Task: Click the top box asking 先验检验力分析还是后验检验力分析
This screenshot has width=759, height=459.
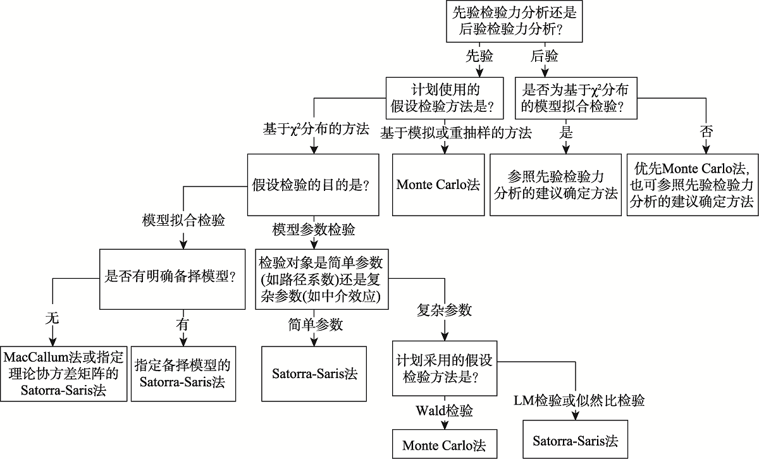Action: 514,22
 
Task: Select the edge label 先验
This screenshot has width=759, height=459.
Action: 479,56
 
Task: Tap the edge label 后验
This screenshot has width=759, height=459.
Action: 545,56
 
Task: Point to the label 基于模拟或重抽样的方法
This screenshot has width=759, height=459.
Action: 455,132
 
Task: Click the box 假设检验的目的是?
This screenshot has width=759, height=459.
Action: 312,185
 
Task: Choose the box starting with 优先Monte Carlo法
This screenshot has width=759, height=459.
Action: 693,185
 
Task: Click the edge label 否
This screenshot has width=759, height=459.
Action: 705,132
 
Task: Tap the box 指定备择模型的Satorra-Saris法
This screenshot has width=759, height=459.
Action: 182,373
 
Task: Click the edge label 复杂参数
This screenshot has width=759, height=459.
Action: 444,310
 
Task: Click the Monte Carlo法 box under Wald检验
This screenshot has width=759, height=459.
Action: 444,444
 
